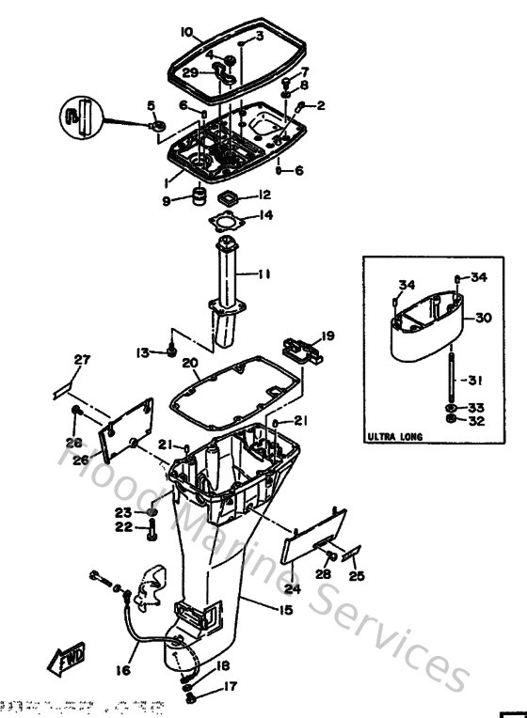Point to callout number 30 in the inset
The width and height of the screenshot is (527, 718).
coord(483,319)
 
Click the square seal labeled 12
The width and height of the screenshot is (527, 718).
coord(226,197)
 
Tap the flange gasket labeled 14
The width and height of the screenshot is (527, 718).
coord(227,222)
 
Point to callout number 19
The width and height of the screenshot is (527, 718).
coord(327,336)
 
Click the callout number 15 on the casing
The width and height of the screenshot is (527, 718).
coord(285,610)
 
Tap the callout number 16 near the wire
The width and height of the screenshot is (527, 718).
coord(121,670)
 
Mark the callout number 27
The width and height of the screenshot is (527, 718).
coord(82,359)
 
